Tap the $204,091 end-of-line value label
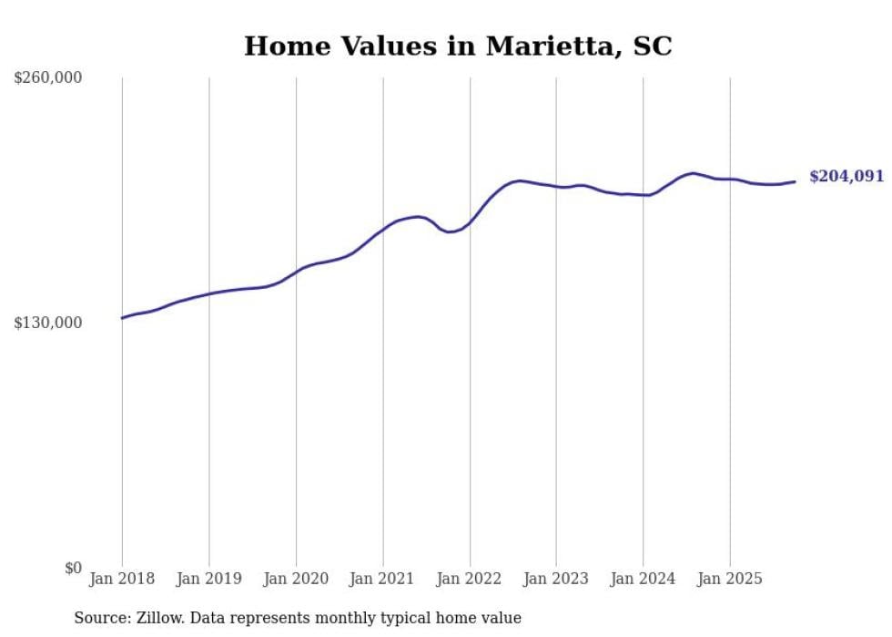click(x=846, y=177)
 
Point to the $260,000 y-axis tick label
click(x=48, y=78)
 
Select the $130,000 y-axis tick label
click(x=48, y=323)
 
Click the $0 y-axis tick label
click(x=73, y=569)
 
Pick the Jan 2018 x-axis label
click(x=122, y=579)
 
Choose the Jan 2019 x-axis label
click(x=208, y=579)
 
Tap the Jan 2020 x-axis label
click(x=296, y=579)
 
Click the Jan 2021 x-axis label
click(x=382, y=579)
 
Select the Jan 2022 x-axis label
click(x=470, y=579)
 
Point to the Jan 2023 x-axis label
click(x=556, y=579)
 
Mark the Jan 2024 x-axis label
click(x=643, y=579)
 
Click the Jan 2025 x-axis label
click(x=729, y=579)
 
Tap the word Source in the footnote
click(x=99, y=618)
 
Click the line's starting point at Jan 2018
click(x=122, y=318)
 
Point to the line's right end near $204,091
click(x=795, y=181)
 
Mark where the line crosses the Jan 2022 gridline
click(x=470, y=222)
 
